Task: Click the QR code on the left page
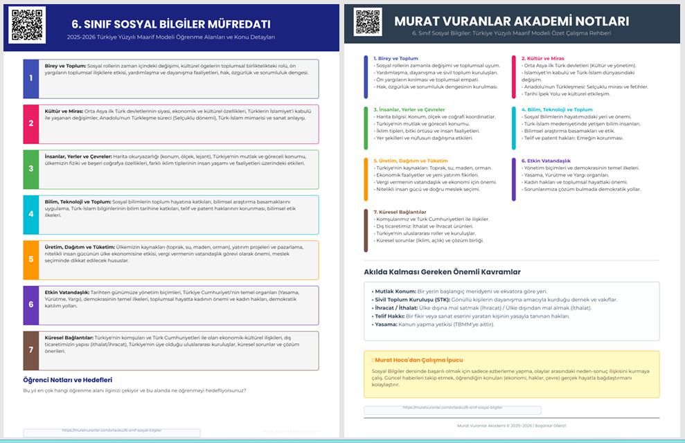point(27,25)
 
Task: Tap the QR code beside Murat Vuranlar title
point(368,22)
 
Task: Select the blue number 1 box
point(31,78)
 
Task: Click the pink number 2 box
point(31,123)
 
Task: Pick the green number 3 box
point(31,169)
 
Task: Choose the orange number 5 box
point(31,260)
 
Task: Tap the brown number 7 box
point(31,350)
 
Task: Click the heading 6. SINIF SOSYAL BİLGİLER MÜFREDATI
point(170,23)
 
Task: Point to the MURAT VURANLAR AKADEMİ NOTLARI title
point(511,21)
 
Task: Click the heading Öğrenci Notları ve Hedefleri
point(68,379)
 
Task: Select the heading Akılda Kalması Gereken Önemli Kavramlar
point(442,271)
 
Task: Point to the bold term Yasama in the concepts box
point(384,324)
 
